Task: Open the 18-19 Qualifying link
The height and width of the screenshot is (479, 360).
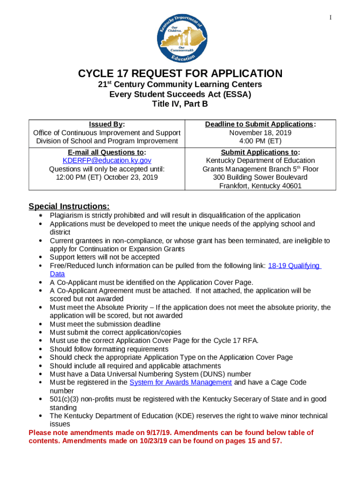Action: click(294, 266)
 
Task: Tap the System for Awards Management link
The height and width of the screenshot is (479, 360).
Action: click(180, 382)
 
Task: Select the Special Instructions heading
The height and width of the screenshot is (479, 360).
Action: click(69, 206)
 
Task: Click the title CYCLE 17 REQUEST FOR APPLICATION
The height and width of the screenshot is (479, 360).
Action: click(180, 73)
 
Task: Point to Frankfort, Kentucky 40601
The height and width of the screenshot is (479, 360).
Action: click(260, 186)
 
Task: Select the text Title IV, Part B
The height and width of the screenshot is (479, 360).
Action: click(180, 104)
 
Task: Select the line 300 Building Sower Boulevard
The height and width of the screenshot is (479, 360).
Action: click(260, 177)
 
